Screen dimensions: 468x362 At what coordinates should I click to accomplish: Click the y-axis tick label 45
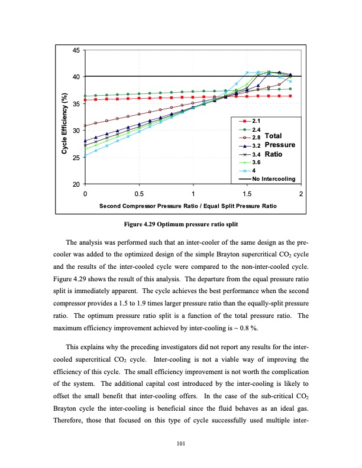click(76, 50)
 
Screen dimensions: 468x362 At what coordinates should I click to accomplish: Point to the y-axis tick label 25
click(76, 158)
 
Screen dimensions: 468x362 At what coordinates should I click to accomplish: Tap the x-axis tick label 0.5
click(140, 194)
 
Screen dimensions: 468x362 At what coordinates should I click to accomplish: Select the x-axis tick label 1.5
click(248, 194)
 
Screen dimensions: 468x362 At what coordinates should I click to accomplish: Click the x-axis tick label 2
click(301, 194)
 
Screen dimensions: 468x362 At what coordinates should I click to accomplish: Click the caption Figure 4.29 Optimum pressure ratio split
click(181, 225)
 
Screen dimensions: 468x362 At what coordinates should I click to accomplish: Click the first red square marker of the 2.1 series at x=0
click(86, 100)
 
